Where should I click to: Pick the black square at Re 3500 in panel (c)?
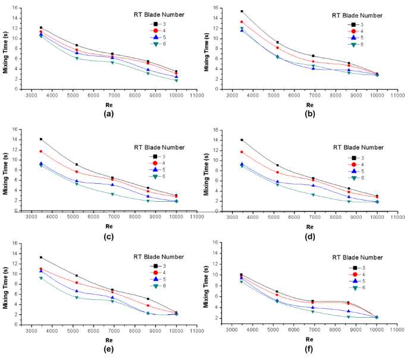pos(41,139)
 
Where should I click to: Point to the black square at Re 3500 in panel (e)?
pos(41,258)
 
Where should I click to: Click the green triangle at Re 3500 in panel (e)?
pos(41,278)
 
